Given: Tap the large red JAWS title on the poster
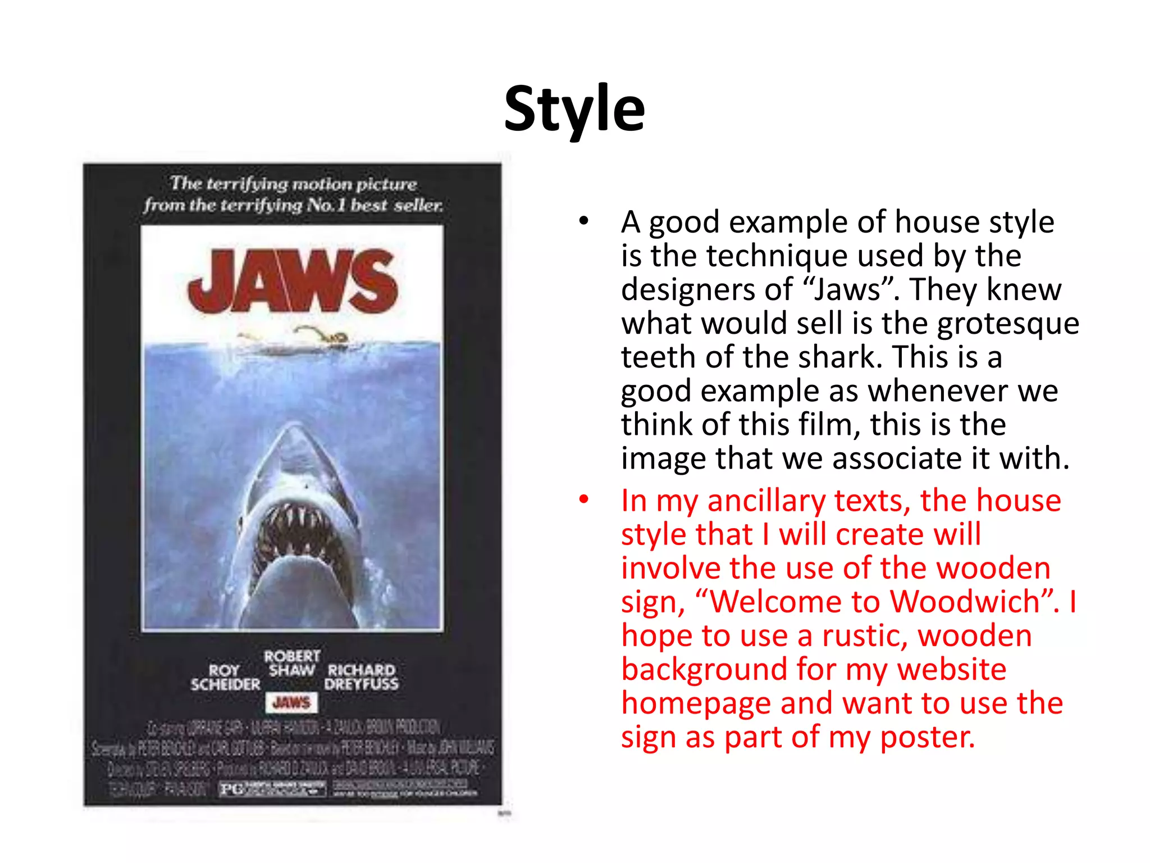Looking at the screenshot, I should pos(293,281).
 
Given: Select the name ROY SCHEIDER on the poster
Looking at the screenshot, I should pos(225,677).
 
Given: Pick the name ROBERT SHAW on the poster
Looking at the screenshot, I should pos(292,663).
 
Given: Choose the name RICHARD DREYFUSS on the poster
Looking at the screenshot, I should pos(361,677).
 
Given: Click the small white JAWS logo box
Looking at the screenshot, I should pos(291,702).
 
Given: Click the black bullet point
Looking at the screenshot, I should pos(584,221).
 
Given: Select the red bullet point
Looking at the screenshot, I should pos(584,499).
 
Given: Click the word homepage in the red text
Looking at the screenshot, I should pos(696,703).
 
